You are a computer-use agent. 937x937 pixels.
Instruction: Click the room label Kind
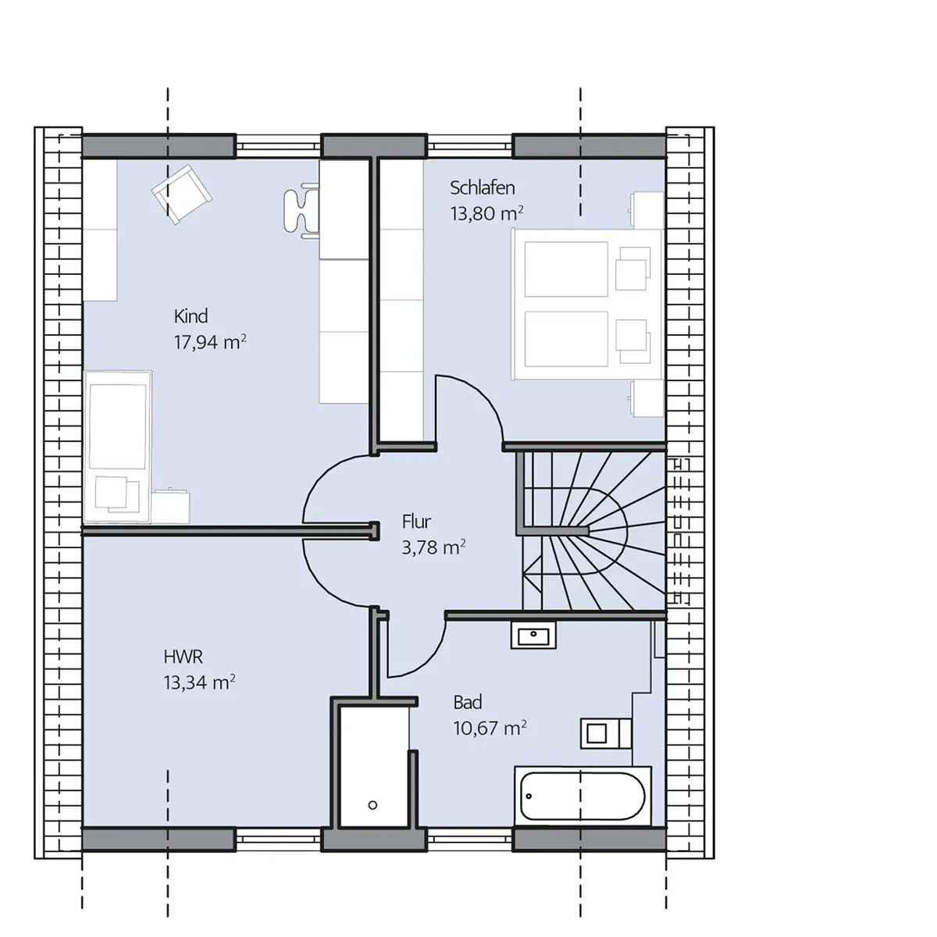pyautogui.click(x=191, y=316)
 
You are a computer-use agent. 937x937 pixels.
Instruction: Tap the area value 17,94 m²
pyautogui.click(x=210, y=342)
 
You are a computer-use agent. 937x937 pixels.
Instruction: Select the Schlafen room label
pyautogui.click(x=482, y=188)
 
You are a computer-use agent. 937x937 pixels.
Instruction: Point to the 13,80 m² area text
pyautogui.click(x=486, y=213)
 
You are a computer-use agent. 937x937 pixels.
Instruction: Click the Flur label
pyautogui.click(x=416, y=522)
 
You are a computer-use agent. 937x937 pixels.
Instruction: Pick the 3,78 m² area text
pyautogui.click(x=433, y=547)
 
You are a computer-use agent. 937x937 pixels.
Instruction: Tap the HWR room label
pyautogui.click(x=183, y=657)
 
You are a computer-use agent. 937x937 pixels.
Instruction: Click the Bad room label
pyautogui.click(x=467, y=703)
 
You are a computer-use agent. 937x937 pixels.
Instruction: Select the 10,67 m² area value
pyautogui.click(x=490, y=728)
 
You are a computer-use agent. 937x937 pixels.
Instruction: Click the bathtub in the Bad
pyautogui.click(x=583, y=796)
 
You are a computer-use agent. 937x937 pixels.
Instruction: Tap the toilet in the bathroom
pyautogui.click(x=606, y=733)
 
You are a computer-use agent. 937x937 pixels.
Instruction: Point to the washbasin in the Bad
pyautogui.click(x=533, y=635)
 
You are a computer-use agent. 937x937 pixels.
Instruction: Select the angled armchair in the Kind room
pyautogui.click(x=181, y=194)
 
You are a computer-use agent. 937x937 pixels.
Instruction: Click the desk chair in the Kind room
pyautogui.click(x=301, y=211)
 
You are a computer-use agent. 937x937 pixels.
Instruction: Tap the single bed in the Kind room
pyautogui.click(x=117, y=447)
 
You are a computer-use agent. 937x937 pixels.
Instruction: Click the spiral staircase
pyautogui.click(x=593, y=531)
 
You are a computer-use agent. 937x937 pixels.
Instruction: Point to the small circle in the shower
pyautogui.click(x=373, y=805)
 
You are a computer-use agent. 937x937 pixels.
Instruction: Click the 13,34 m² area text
pyautogui.click(x=199, y=682)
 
